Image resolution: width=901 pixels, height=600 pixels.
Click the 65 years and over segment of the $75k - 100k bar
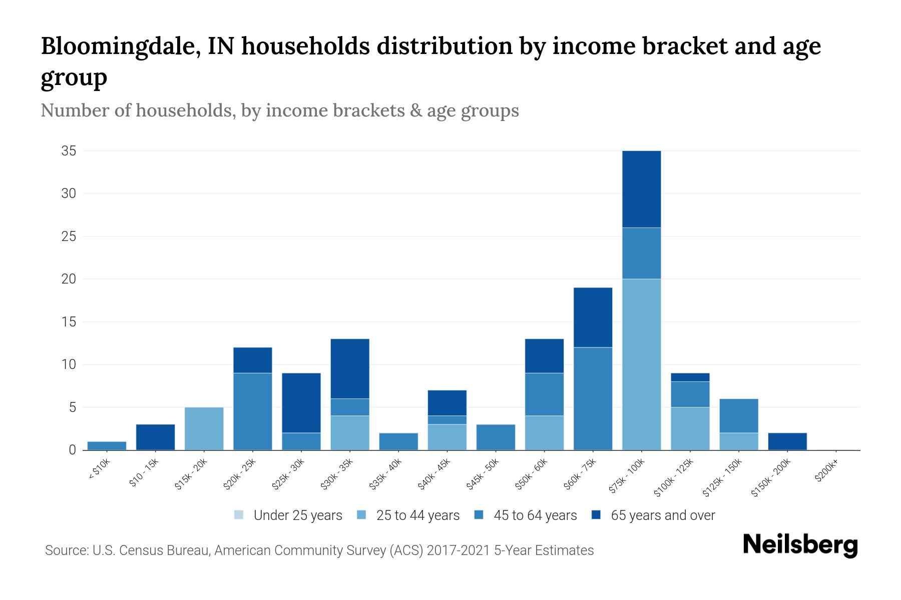click(x=641, y=189)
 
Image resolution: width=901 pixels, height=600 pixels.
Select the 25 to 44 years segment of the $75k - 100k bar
click(x=641, y=364)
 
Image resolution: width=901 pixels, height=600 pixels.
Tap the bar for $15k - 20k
click(x=204, y=428)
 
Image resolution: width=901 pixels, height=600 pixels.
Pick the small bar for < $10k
click(x=107, y=445)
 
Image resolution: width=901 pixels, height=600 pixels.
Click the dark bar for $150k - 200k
click(x=787, y=441)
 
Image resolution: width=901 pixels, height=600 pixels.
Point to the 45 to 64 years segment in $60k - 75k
click(x=593, y=398)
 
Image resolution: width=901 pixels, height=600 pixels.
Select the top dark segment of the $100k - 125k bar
click(x=690, y=377)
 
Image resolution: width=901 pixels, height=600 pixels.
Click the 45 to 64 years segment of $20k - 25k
click(x=252, y=411)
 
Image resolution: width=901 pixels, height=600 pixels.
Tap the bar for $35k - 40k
click(x=398, y=441)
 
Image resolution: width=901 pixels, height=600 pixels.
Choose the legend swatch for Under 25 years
click(x=239, y=515)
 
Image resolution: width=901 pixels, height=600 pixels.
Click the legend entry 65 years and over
click(x=662, y=515)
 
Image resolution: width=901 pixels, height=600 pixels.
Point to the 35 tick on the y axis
click(x=69, y=151)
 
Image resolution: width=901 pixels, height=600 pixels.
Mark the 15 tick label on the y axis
click(x=69, y=322)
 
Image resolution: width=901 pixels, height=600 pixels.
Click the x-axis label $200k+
click(x=826, y=472)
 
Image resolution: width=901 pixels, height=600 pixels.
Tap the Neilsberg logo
click(x=800, y=545)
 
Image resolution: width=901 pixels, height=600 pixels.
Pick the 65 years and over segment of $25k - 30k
click(x=301, y=402)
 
